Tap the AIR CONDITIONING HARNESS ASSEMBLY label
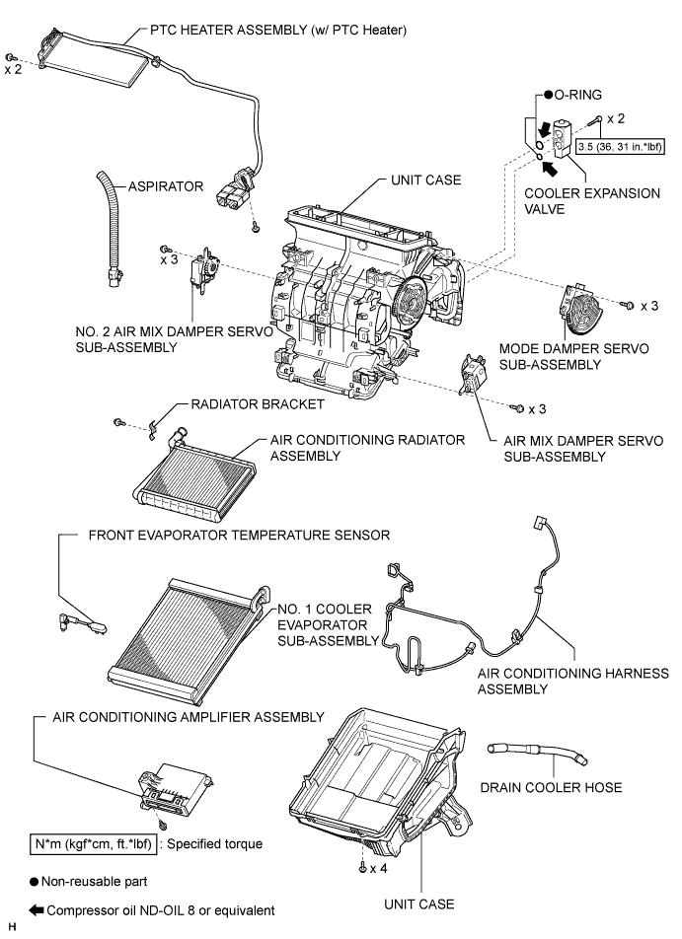(572, 681)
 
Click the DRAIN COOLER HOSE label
(551, 787)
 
